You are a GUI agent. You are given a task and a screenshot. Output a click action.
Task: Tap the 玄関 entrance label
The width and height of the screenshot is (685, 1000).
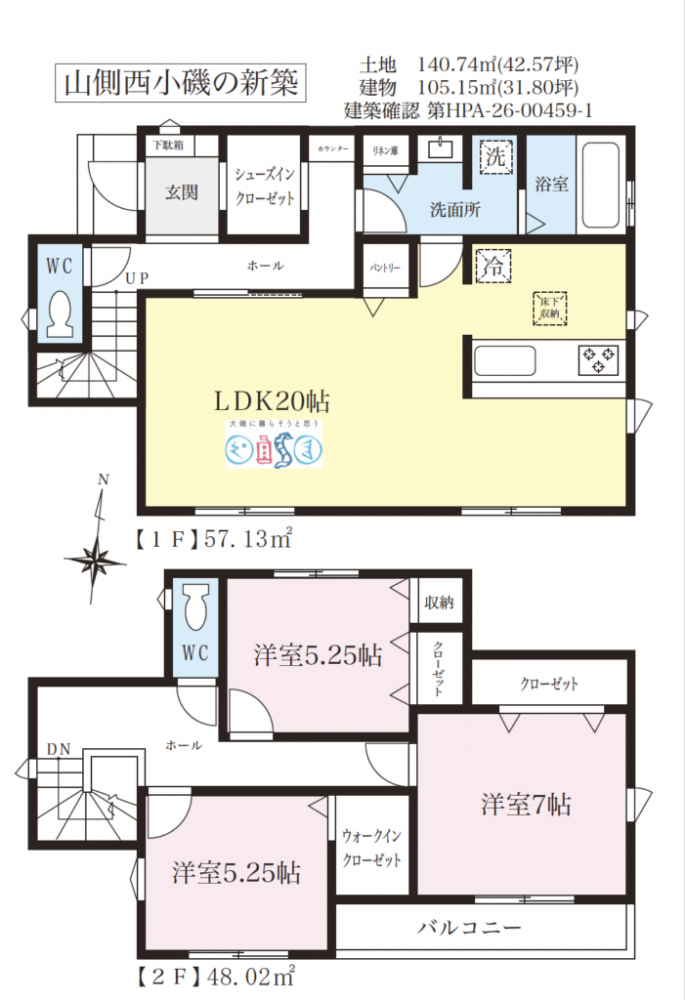pos(181,192)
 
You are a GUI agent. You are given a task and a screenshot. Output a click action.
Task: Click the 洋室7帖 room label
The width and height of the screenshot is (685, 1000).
pos(525,805)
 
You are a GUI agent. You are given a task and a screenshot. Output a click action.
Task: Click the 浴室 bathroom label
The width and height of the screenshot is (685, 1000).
pos(552,184)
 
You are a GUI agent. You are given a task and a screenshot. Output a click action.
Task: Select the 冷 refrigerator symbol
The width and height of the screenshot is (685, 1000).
pos(493,265)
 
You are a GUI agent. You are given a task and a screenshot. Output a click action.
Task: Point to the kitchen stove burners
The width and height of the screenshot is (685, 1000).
pos(598,359)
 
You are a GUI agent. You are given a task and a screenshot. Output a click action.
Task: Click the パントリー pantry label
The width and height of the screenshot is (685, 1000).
pos(384,266)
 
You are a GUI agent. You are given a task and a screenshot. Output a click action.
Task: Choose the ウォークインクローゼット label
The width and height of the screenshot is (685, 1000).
pos(371,849)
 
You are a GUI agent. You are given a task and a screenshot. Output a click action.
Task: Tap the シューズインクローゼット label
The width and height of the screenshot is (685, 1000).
pos(265,184)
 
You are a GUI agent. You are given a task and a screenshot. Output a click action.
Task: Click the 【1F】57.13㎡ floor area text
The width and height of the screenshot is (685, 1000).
pos(214,537)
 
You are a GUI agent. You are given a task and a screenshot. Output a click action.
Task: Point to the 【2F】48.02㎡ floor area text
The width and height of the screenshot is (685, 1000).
pos(214,974)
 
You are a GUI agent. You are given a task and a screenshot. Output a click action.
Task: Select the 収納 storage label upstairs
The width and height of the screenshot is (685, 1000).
pos(438,602)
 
